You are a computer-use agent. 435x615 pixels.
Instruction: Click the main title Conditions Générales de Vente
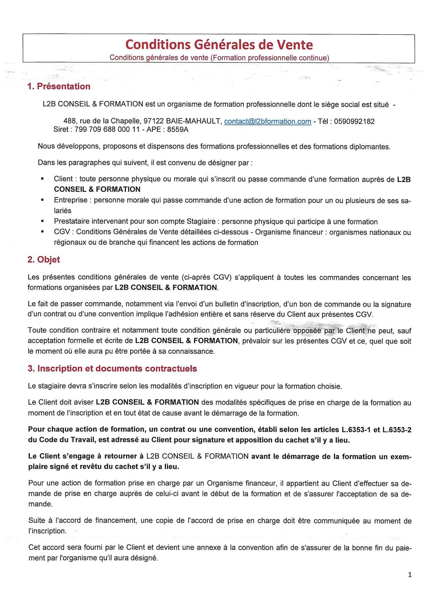[219, 45]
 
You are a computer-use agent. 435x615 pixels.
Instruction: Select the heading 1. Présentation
[59, 86]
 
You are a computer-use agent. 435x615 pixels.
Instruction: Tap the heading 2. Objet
[43, 259]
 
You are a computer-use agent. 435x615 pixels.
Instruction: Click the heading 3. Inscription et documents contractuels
[112, 369]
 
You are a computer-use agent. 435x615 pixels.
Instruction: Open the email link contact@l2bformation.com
[267, 122]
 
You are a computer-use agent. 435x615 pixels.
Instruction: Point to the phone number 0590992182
[354, 122]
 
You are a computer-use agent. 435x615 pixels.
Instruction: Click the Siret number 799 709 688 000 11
[107, 129]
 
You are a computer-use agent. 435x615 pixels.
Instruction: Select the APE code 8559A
[178, 129]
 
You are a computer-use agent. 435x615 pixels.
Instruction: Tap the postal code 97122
[154, 121]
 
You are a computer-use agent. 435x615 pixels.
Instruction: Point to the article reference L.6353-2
[396, 430]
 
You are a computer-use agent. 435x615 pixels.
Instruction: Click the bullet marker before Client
[42, 179]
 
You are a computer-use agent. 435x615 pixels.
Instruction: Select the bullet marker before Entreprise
[42, 200]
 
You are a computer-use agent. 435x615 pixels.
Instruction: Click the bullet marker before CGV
[42, 232]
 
